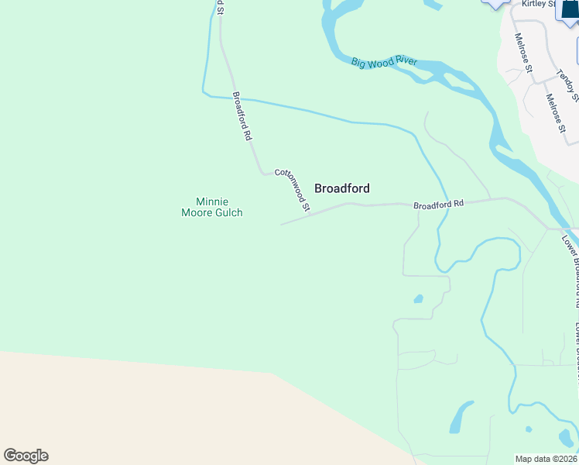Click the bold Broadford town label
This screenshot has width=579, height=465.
[341, 188]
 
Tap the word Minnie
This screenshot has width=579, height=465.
[211, 201]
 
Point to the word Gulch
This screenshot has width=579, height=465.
[230, 212]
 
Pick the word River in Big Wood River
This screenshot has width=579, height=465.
[404, 62]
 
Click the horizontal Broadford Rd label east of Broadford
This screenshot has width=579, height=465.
[438, 205]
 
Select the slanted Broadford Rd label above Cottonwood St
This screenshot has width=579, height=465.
[242, 116]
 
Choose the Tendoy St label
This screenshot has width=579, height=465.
[568, 85]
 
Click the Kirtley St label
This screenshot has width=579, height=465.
[539, 4]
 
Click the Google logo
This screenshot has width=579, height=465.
[26, 456]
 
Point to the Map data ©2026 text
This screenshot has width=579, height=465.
[546, 459]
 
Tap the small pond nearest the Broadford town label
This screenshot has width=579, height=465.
[419, 298]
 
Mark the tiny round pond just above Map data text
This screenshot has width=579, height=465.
[528, 429]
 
